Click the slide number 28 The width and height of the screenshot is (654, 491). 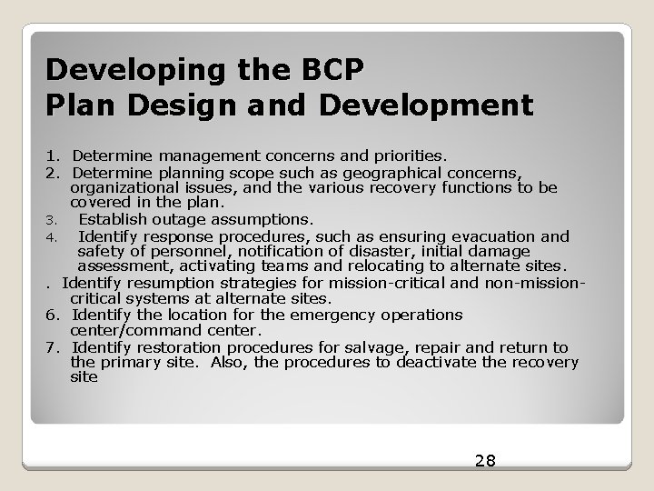[x=485, y=460]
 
